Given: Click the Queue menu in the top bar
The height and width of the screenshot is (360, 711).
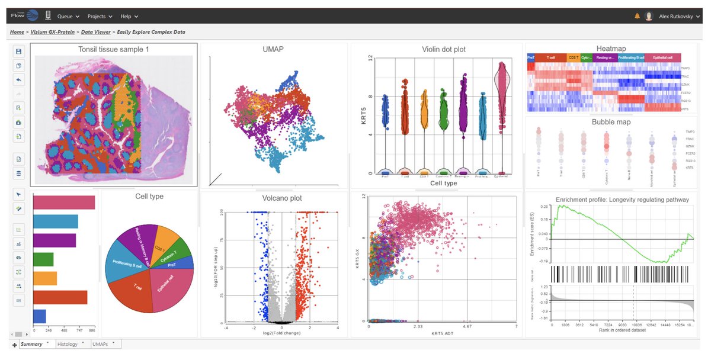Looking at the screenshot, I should tap(68, 16).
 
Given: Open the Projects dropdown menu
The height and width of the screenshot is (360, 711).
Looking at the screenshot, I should tap(101, 16).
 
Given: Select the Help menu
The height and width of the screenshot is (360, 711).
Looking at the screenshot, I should tap(129, 16).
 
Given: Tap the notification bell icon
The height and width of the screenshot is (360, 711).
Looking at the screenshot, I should tap(638, 16).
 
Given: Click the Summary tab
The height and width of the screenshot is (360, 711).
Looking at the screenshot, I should tap(31, 344).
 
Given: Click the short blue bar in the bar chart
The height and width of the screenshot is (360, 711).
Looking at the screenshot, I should tap(40, 316).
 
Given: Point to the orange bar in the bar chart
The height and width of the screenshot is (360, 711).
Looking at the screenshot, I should tap(45, 278).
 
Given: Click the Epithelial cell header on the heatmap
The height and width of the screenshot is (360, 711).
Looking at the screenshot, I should tap(662, 57).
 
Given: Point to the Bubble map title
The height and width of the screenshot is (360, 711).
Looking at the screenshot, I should tap(611, 122).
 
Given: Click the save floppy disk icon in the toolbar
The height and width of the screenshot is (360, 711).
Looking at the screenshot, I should tap(19, 52).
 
